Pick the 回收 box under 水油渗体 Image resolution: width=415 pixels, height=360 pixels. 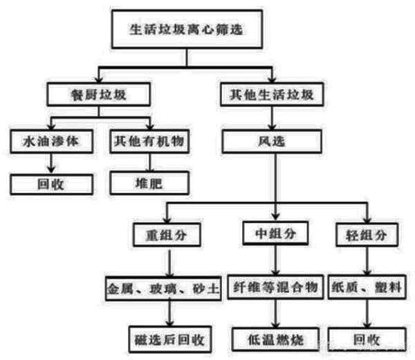(48, 183)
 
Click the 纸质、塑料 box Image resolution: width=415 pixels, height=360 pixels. (365, 287)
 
